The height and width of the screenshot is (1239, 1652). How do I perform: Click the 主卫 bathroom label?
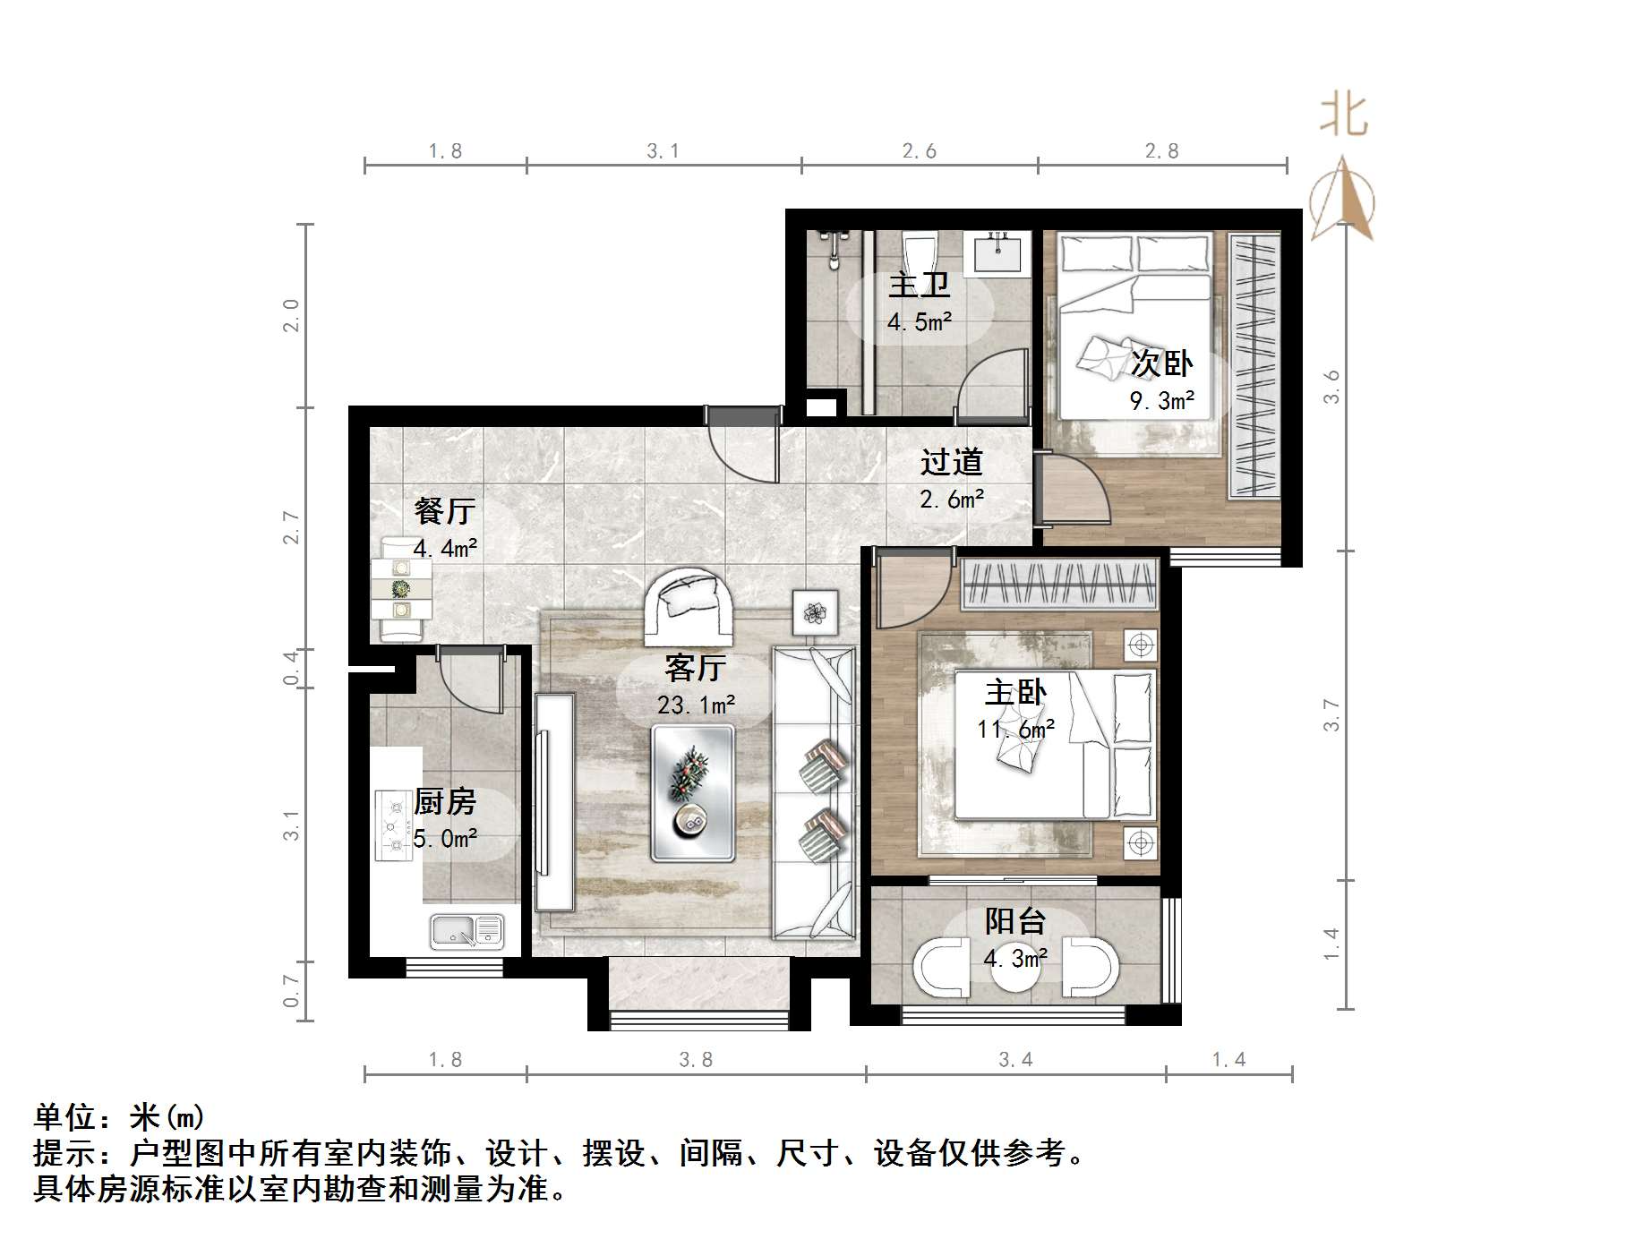pos(919,285)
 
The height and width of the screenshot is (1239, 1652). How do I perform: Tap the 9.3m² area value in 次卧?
pos(1161,401)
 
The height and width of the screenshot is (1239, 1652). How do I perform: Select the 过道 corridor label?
pos(952,462)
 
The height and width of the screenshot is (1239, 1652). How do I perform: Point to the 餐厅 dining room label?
pos(444,511)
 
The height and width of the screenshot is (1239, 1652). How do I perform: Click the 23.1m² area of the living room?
pos(696,705)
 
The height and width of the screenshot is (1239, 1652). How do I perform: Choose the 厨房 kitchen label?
pos(444,801)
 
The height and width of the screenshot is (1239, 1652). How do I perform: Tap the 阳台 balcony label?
pos(1015,921)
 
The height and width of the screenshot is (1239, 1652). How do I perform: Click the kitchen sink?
pos(466,931)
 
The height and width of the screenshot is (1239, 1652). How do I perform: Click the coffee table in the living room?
pos(693,793)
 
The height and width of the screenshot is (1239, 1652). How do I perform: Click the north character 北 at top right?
pos(1343,116)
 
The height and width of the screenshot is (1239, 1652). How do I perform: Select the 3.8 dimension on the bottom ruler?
pos(696,1060)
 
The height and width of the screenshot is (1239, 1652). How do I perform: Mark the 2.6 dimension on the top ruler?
pos(920,151)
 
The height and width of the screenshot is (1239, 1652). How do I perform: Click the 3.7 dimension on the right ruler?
pos(1331,715)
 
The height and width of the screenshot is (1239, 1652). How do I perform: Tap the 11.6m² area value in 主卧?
pos(1015,730)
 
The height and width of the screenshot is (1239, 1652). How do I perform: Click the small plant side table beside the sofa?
pos(815,612)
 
